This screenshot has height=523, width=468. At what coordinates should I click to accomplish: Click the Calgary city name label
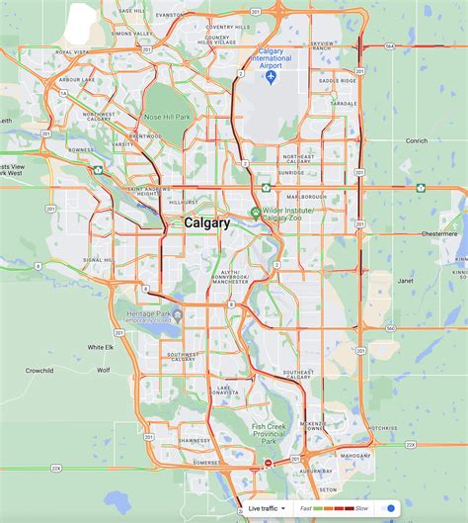207,223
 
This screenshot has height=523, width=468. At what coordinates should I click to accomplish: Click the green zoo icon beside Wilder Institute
255,212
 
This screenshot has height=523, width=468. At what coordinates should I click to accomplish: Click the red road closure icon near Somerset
268,463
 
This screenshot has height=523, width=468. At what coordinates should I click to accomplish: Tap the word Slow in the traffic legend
361,508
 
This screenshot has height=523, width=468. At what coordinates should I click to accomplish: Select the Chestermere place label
439,234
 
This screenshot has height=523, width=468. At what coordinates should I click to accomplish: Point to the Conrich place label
417,140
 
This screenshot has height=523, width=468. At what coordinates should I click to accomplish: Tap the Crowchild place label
39,370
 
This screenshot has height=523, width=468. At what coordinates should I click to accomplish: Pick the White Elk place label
101,347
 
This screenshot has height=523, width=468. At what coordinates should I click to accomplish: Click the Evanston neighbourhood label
170,16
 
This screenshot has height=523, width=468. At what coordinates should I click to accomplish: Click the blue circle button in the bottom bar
391,508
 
